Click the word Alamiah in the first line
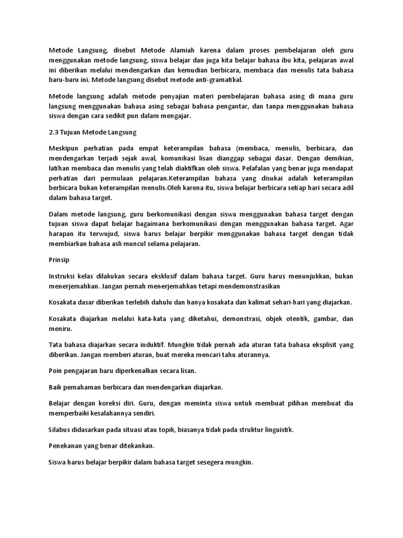click(x=184, y=50)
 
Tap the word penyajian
click(x=172, y=97)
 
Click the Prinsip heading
click(x=59, y=260)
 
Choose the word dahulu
click(x=160, y=303)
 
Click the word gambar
click(x=325, y=319)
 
